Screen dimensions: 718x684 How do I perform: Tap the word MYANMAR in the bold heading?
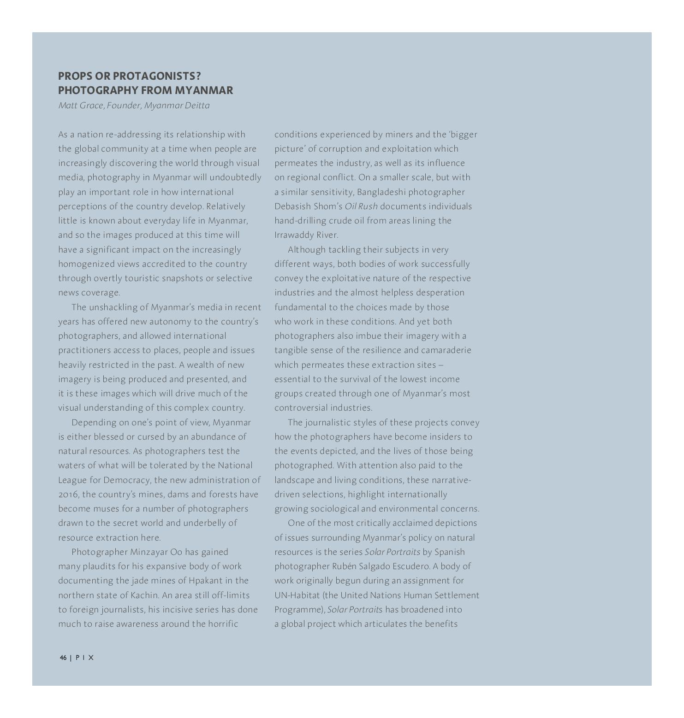tap(204, 90)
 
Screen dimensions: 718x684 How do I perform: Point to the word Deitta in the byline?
tap(197, 106)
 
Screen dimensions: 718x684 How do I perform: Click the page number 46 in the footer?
tap(63, 658)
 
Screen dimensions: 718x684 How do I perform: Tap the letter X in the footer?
tap(91, 658)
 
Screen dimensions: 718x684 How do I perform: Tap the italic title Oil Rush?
tap(361, 206)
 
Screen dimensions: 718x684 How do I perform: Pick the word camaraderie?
tap(446, 350)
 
